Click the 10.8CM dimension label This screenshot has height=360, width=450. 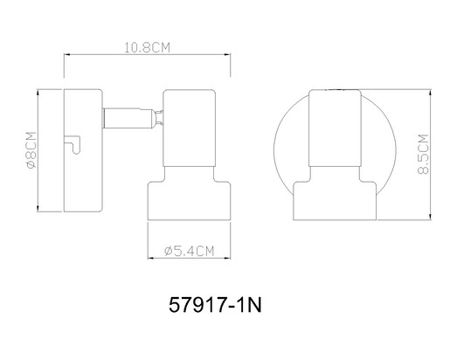[147, 47]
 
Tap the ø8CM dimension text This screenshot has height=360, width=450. [31, 150]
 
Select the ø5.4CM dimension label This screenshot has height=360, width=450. [189, 251]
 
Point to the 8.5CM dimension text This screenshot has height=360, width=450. [423, 154]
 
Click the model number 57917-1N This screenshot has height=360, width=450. [215, 305]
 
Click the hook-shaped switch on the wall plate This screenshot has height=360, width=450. [73, 144]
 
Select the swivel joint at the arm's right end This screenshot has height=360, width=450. [157, 118]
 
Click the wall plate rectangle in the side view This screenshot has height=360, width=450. [83, 150]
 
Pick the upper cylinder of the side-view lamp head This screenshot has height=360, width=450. [190, 128]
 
